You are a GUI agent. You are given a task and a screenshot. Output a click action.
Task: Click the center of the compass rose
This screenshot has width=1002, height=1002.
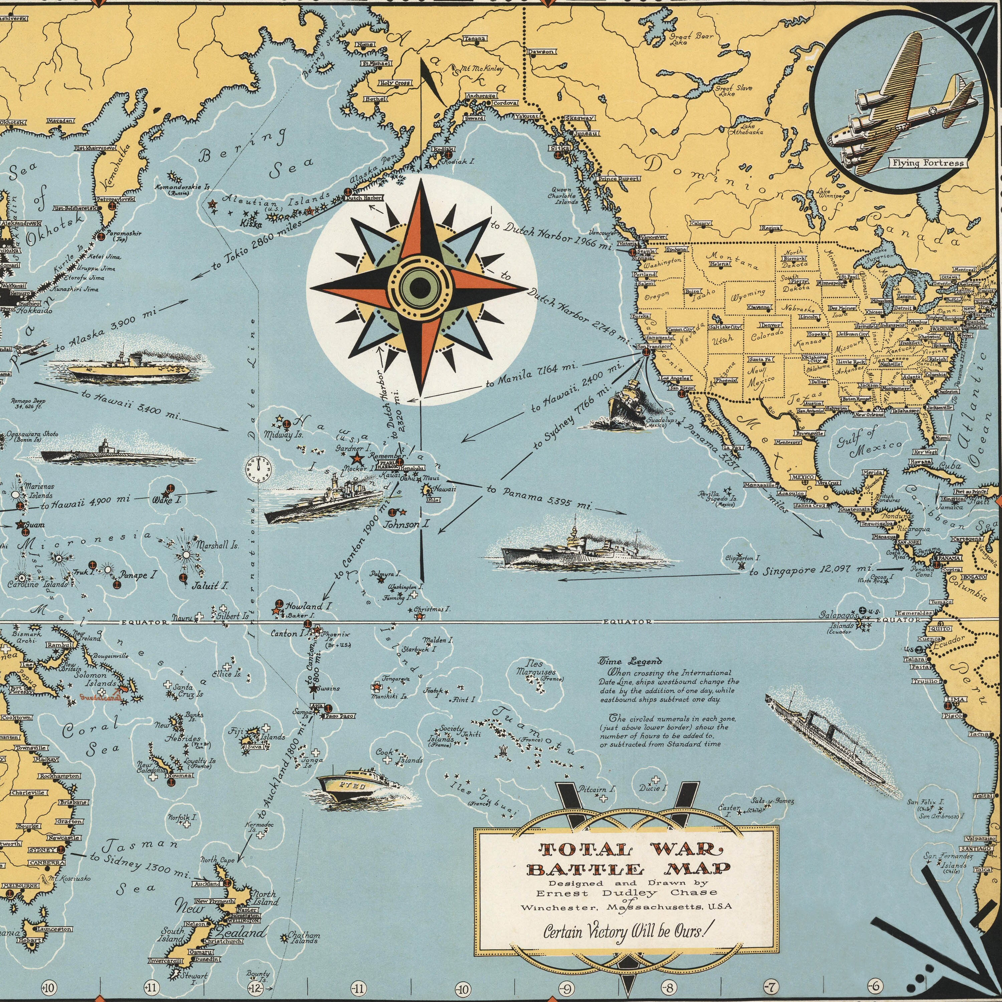[x=421, y=287]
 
